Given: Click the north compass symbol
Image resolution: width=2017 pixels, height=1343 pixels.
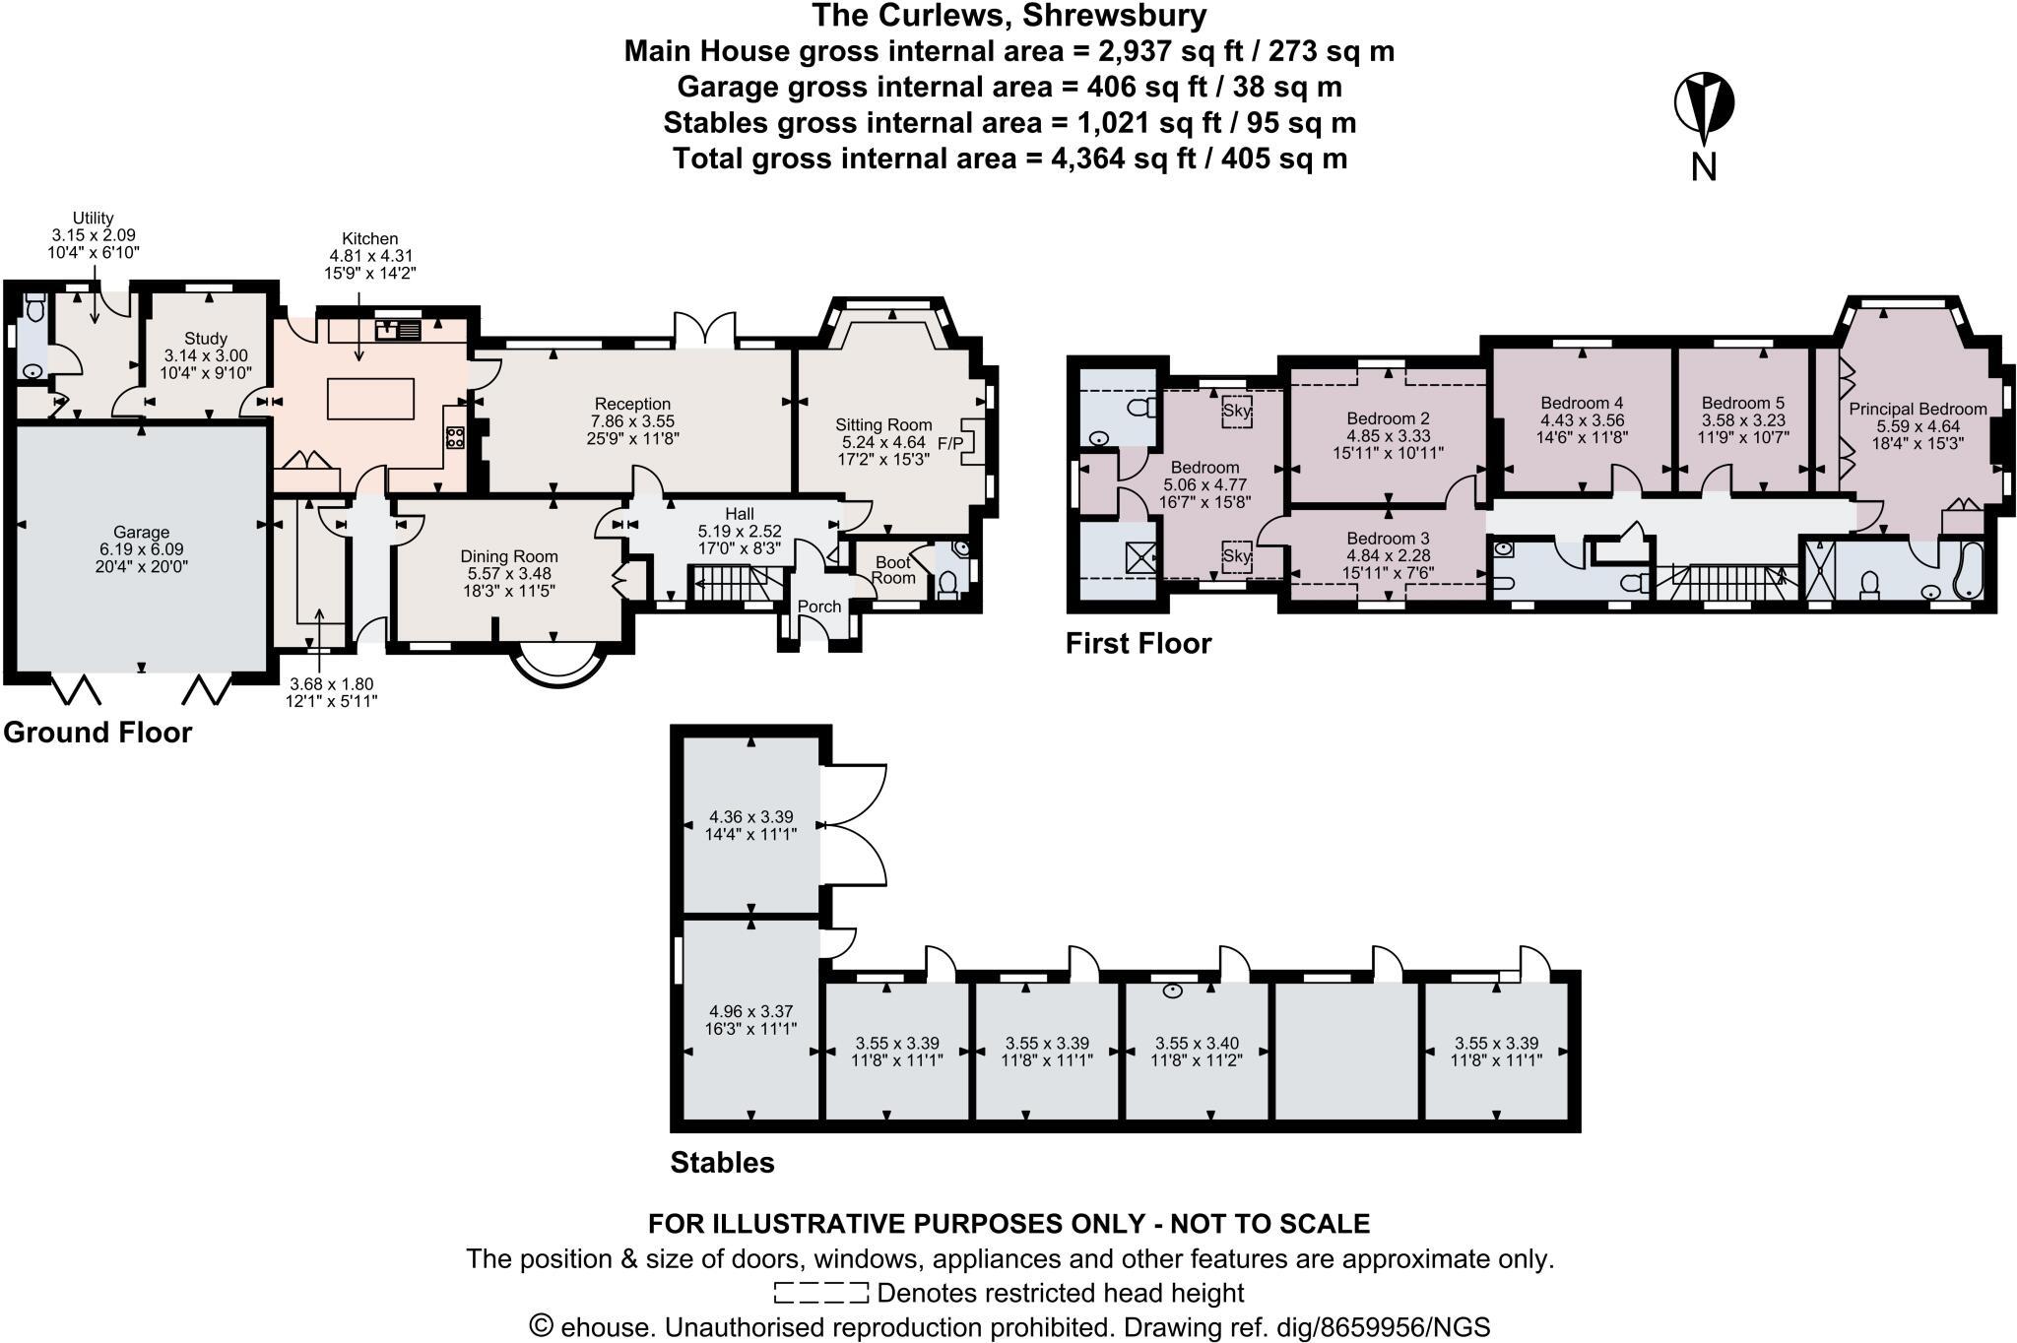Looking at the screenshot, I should (1704, 104).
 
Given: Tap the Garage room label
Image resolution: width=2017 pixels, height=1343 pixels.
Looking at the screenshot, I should (141, 533).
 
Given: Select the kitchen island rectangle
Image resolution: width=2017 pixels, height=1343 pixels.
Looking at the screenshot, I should (370, 399).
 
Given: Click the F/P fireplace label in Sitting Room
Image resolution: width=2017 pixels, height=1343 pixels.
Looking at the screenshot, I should (950, 444).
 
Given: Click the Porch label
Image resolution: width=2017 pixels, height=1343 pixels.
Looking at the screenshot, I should (819, 607).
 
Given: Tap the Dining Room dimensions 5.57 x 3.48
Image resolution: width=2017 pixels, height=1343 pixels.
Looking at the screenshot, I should (508, 573).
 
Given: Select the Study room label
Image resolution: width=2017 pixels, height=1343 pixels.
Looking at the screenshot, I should (205, 339).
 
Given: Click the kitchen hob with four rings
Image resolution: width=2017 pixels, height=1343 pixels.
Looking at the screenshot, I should (455, 438).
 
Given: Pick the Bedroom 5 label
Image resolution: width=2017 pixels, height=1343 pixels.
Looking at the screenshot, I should (1742, 403).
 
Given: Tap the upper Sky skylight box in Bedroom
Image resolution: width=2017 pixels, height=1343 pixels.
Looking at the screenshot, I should (1236, 410).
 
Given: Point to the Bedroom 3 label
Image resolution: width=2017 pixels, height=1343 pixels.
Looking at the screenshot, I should (1388, 539).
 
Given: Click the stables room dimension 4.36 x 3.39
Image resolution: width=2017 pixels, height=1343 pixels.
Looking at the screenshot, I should (751, 817).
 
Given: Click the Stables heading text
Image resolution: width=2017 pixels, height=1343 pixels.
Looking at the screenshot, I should (722, 1163).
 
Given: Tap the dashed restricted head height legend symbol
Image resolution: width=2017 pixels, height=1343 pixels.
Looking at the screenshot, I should (820, 1293).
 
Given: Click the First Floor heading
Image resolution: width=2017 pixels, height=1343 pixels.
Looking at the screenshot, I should (1138, 644).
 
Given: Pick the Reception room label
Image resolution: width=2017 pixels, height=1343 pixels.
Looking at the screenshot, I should (632, 404).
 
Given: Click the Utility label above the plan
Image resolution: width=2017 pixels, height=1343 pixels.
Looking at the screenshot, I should (94, 219).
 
